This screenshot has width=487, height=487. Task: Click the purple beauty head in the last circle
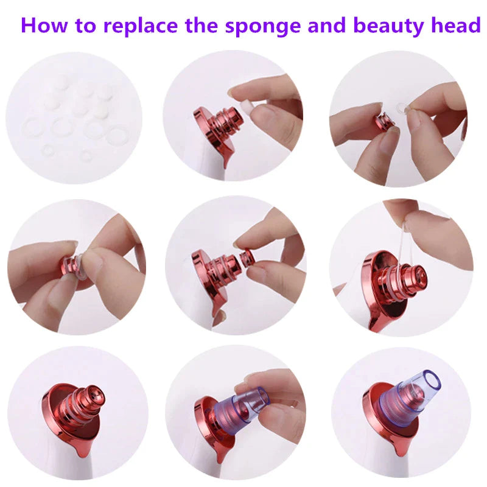[x=411, y=396]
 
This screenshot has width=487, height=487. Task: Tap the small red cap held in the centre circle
[x=247, y=257]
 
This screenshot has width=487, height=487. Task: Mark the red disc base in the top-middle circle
[x=207, y=131]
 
